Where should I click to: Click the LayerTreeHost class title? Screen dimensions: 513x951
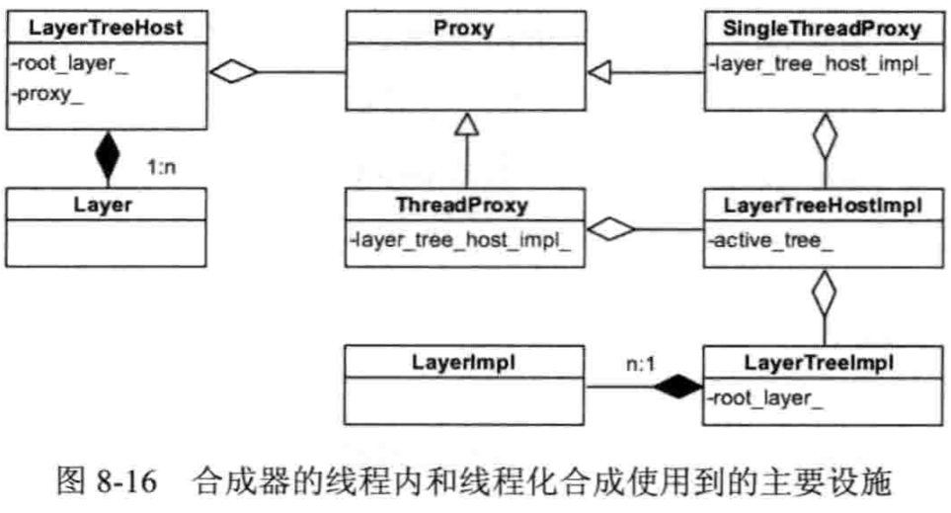click(x=106, y=29)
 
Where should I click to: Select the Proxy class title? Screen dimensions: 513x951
click(x=463, y=28)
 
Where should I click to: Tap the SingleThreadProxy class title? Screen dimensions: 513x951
click(x=822, y=28)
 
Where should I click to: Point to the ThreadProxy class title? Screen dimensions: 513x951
click(x=463, y=205)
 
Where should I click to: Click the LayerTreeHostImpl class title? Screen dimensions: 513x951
click(x=822, y=205)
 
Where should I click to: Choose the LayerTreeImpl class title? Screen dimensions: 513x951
click(x=822, y=363)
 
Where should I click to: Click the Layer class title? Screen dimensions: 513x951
click(x=106, y=205)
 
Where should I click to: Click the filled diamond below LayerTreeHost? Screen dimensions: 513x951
click(x=106, y=156)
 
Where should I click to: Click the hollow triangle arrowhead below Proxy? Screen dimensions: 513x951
click(x=463, y=124)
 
